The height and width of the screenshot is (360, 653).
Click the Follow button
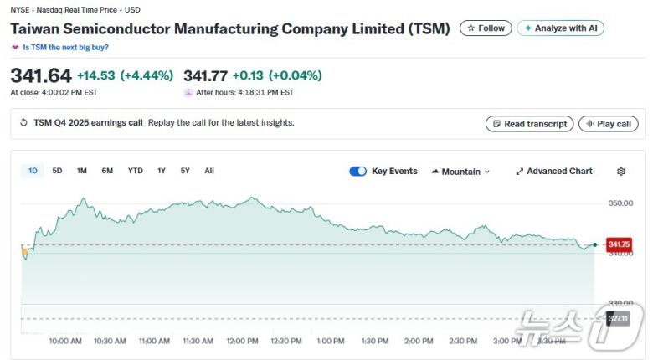(486, 28)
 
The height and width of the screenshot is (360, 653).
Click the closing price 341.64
(40, 75)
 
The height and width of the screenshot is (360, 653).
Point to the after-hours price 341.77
(205, 75)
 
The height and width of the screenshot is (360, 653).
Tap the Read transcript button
(529, 124)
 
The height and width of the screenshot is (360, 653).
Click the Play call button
(609, 124)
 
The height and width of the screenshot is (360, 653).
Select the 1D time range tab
(33, 171)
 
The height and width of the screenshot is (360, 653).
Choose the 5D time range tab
(57, 171)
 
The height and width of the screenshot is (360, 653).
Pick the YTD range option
(135, 171)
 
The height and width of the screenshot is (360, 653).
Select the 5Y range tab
(185, 171)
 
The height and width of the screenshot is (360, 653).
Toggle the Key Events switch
(357, 172)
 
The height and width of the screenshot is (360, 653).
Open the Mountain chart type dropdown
(460, 172)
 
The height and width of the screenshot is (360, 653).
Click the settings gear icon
(621, 172)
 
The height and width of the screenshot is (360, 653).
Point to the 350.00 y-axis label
(620, 203)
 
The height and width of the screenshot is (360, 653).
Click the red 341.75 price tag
(619, 244)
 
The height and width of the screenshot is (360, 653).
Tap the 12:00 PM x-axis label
(242, 341)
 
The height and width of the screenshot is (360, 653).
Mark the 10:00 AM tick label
(65, 341)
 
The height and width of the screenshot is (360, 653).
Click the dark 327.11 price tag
(617, 318)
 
